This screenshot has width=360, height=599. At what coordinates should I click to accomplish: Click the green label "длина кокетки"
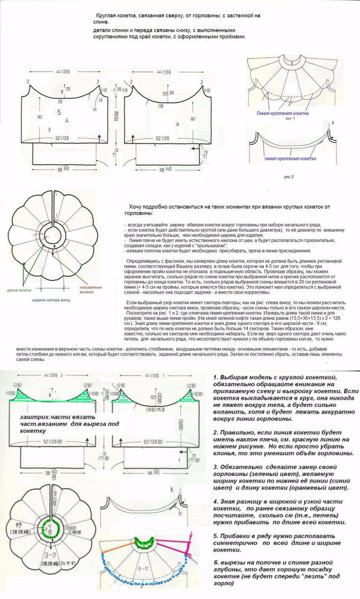click(x=19, y=290)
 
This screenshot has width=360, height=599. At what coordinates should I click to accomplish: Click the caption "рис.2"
click(x=289, y=176)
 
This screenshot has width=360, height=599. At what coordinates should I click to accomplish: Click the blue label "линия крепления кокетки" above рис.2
click(x=290, y=158)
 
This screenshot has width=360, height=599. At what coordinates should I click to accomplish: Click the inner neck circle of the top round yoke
click(x=53, y=234)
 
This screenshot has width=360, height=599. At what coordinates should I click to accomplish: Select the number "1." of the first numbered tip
click(x=216, y=376)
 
